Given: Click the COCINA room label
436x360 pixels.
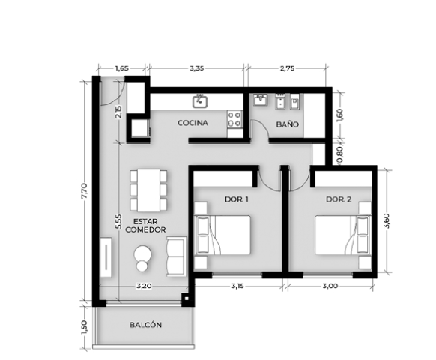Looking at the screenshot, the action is [x=193, y=123].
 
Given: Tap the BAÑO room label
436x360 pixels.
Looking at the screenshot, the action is [x=288, y=124].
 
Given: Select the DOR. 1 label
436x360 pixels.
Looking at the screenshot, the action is [x=236, y=199].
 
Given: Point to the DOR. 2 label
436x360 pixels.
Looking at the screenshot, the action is [x=339, y=199].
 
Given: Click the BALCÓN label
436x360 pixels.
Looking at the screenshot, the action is [x=145, y=325].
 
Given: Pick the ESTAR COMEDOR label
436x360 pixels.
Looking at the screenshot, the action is [x=145, y=226].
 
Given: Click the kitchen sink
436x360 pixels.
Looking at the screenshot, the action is [x=200, y=101].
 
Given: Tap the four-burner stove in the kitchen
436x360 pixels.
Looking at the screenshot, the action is [x=234, y=119].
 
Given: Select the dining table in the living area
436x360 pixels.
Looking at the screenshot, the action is [x=148, y=190].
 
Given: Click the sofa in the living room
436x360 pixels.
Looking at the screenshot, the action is [x=176, y=256].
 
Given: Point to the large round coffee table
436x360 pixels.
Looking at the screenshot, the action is [x=142, y=253].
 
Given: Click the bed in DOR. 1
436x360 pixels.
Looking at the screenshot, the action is [x=222, y=235].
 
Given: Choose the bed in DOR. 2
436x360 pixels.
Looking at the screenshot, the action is [x=343, y=235].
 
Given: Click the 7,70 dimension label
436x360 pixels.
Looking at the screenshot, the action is [x=84, y=190].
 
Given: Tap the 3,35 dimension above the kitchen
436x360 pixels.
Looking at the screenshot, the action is [x=197, y=68].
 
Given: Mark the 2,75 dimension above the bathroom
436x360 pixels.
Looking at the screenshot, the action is [x=287, y=68].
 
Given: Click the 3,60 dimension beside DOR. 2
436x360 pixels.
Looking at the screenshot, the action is [x=387, y=221].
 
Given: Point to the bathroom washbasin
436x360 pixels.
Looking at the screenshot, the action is [x=260, y=100].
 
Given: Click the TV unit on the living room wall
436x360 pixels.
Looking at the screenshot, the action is [x=106, y=257].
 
